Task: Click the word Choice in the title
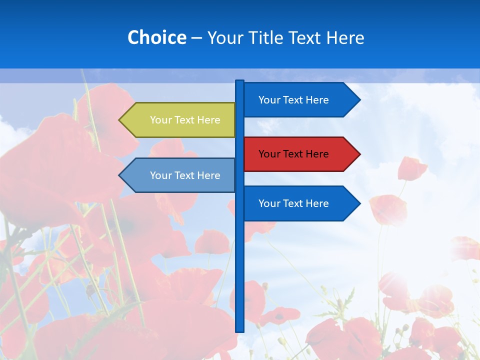tap(156, 37)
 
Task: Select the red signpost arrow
tap(300, 154)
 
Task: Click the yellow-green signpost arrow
tap(180, 120)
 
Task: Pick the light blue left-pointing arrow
tap(180, 175)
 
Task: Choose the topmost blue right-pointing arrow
tap(300, 100)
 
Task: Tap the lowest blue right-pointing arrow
tap(300, 203)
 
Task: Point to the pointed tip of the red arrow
tap(359, 154)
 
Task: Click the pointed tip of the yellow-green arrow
tap(120, 120)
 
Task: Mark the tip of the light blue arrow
tap(120, 175)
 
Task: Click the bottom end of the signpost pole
tap(240, 330)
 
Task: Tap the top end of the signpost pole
tap(240, 81)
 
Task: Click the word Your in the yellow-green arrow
tap(160, 120)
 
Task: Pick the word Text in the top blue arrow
tap(293, 100)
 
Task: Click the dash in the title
tap(196, 38)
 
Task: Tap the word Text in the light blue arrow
tap(184, 175)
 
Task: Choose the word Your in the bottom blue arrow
tap(269, 203)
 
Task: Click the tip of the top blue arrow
tap(359, 100)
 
